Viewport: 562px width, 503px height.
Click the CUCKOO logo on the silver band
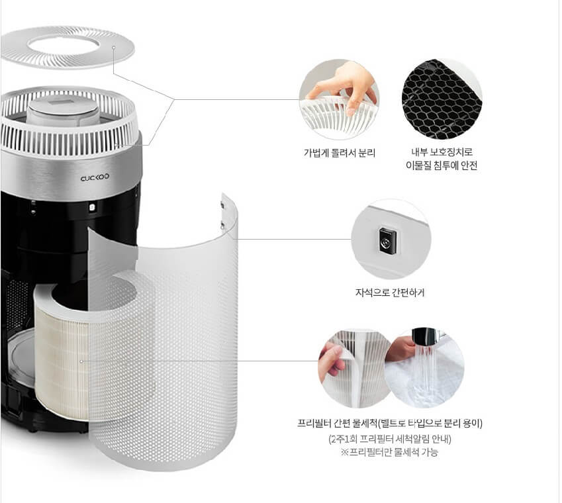(x=95, y=177)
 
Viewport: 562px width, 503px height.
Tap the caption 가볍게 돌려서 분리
(x=339, y=153)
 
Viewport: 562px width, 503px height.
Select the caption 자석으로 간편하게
(x=390, y=293)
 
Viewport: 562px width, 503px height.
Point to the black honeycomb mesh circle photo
(x=442, y=99)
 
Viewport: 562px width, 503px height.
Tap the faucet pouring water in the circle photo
(x=424, y=336)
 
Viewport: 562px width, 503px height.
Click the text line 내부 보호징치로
(x=442, y=152)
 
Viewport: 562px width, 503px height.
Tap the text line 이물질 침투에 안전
(x=442, y=165)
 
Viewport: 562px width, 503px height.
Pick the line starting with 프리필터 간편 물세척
(x=390, y=423)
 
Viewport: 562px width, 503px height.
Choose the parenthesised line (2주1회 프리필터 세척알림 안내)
(x=390, y=439)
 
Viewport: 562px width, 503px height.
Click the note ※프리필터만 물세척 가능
(x=390, y=452)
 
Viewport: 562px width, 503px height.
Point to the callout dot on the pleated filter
(x=81, y=361)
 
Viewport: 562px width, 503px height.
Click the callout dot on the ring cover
(x=114, y=47)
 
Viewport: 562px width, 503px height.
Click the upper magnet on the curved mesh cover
(x=222, y=205)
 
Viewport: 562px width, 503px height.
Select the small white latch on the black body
(x=92, y=207)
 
